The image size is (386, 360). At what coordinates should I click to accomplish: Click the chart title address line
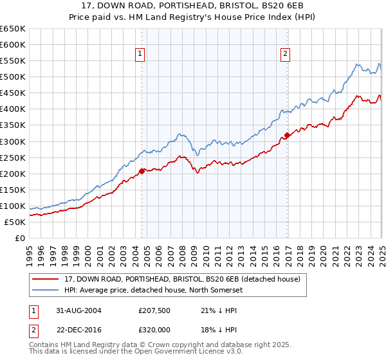tap(192, 6)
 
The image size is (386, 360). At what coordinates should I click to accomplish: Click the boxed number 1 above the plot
tap(140, 55)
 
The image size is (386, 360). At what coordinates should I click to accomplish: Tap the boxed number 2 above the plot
tap(284, 55)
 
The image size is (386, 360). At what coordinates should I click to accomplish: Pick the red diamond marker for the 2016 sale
tap(287, 135)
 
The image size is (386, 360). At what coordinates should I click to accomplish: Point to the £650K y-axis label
tap(12, 29)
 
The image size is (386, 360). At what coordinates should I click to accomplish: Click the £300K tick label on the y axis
tap(12, 141)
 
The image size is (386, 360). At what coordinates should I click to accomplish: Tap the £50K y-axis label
tap(14, 222)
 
